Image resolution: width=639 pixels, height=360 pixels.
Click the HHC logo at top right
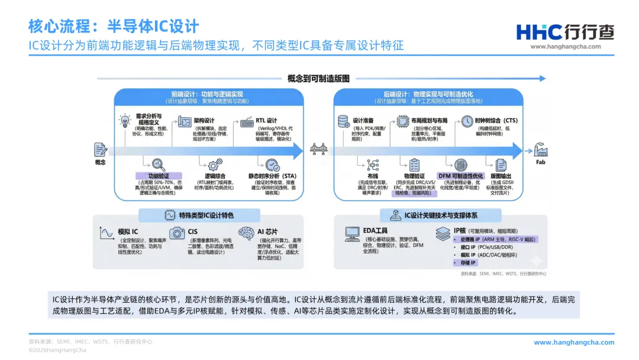(565, 33)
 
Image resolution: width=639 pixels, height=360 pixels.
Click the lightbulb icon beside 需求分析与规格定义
(125, 121)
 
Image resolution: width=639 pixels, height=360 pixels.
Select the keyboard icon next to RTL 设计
(247, 123)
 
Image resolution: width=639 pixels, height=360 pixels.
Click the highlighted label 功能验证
(151, 176)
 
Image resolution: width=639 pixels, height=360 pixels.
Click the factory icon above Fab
(541, 149)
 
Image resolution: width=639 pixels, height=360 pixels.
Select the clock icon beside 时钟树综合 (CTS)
(467, 121)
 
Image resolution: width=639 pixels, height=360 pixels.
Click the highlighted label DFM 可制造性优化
(461, 176)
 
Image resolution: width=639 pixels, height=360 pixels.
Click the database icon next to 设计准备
(343, 121)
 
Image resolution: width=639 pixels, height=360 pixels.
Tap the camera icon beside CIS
(177, 233)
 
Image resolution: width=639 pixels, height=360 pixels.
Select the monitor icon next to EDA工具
(353, 233)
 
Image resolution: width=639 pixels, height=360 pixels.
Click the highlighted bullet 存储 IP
(464, 262)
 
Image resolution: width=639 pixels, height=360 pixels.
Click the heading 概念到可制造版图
(318, 78)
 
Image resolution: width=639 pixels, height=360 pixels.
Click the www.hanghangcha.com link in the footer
(574, 342)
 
